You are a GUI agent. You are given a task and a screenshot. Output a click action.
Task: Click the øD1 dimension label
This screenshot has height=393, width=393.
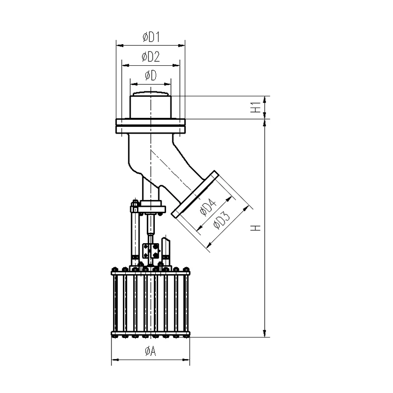pyautogui.click(x=151, y=37)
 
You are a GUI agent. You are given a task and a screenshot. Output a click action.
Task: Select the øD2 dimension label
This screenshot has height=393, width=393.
pyautogui.click(x=151, y=57)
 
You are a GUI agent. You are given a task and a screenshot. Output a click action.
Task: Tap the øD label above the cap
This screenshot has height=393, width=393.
pyautogui.click(x=151, y=75)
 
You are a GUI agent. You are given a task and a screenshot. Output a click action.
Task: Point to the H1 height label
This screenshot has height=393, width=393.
pyautogui.click(x=256, y=107)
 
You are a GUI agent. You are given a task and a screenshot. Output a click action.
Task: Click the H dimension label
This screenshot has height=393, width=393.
pyautogui.click(x=256, y=228)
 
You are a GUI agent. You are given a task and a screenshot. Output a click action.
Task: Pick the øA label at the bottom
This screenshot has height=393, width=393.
pyautogui.click(x=150, y=351)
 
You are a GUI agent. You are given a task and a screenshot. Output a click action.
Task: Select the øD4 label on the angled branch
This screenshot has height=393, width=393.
pyautogui.click(x=208, y=207)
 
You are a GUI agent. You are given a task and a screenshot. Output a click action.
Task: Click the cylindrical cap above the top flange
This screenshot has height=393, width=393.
pyautogui.click(x=150, y=106)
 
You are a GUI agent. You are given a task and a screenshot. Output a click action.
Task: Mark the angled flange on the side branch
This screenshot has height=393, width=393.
pyautogui.click(x=195, y=194)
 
